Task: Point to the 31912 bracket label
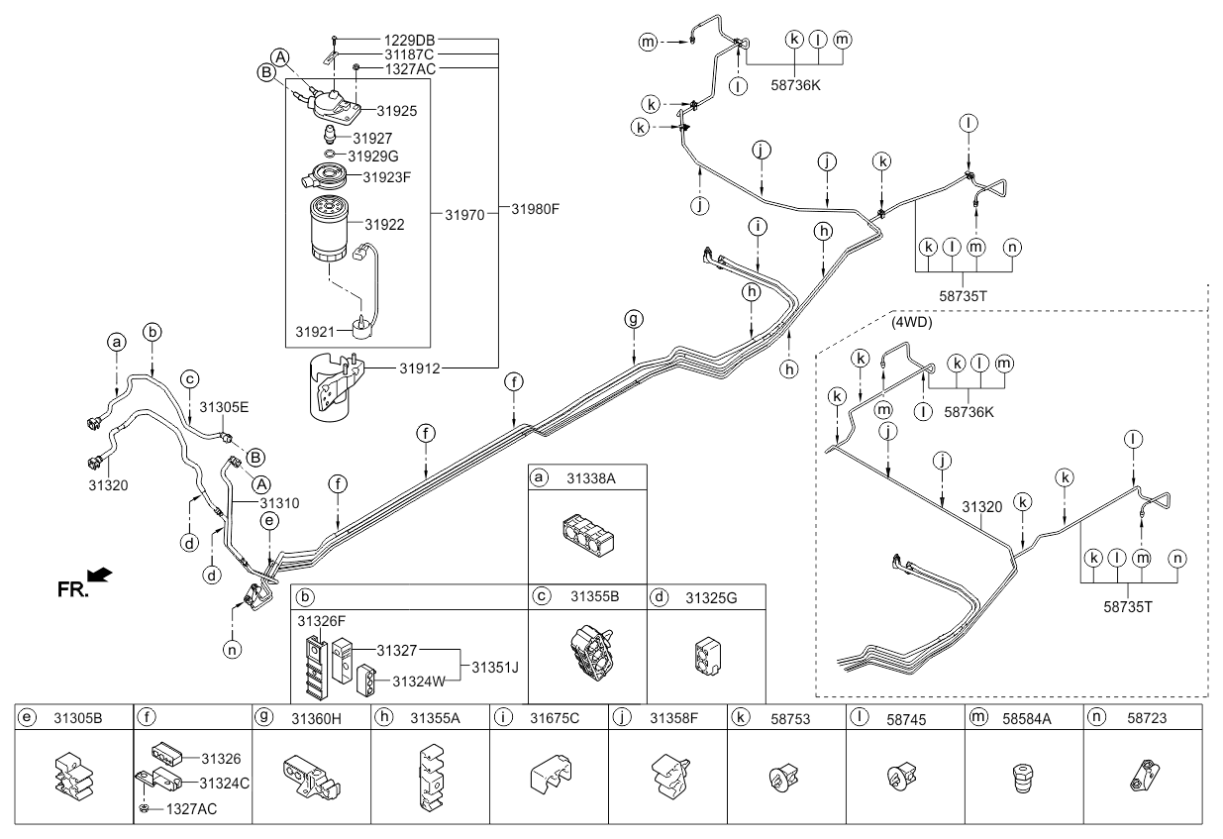click(420, 368)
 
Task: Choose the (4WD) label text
click(911, 323)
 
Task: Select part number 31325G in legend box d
click(711, 597)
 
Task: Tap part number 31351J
click(495, 666)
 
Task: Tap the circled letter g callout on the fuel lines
click(634, 319)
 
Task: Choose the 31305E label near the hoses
click(224, 406)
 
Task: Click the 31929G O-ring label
click(372, 157)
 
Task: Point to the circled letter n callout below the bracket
click(231, 651)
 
